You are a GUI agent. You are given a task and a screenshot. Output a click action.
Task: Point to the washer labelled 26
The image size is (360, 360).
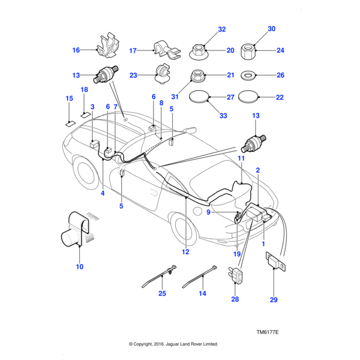click(x=247, y=76)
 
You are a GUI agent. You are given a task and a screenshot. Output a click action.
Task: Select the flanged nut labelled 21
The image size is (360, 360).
click(x=197, y=76)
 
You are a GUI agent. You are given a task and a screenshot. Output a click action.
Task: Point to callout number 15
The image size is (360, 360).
click(x=69, y=98)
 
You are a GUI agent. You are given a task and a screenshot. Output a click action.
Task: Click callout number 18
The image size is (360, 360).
click(x=85, y=89)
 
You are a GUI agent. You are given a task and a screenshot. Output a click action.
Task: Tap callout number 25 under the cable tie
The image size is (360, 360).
click(x=161, y=293)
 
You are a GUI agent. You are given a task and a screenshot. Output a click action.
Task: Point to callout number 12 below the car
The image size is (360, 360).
click(x=186, y=251)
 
